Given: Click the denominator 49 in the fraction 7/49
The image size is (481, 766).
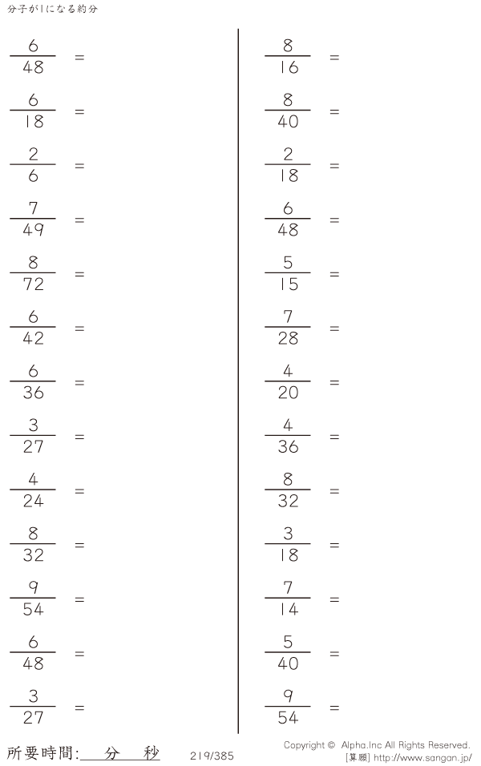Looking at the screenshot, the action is (33, 230).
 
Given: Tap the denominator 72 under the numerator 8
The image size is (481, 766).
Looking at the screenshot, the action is (33, 284).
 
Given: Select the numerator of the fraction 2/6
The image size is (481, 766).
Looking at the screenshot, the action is (33, 154).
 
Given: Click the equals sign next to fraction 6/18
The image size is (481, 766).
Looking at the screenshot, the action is (79, 112).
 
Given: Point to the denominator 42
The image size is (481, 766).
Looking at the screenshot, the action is (33, 338).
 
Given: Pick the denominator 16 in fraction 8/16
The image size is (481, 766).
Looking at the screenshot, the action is (289, 67).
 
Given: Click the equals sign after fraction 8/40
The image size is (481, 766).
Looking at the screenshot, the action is (334, 112).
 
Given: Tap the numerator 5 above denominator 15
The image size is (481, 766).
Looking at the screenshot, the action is (288, 262).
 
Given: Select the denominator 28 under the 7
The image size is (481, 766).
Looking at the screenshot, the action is (288, 338).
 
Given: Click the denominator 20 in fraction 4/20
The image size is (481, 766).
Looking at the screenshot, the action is (288, 393).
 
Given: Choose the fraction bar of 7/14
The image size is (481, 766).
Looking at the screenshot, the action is (288, 598).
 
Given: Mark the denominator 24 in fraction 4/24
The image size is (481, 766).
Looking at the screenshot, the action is (33, 501).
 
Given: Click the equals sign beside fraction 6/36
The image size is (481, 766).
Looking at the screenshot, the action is (79, 382).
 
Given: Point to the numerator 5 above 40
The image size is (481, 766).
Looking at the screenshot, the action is (288, 642).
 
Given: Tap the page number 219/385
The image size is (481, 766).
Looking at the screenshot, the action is (212, 756).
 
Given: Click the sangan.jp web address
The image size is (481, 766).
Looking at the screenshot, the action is (422, 758).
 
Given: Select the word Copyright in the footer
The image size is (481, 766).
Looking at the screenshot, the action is (304, 745).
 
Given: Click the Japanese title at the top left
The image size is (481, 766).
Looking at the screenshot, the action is (52, 9).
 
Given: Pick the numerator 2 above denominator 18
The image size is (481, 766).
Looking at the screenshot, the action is (288, 154).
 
